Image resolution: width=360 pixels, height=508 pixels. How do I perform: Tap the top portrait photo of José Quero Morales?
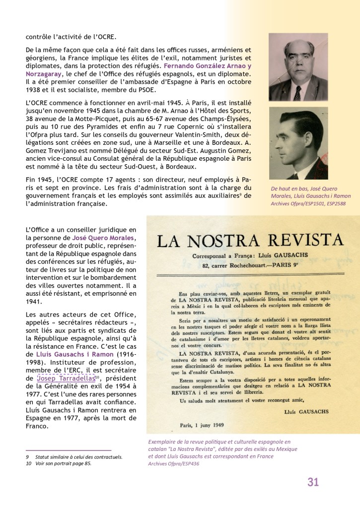point(298,67)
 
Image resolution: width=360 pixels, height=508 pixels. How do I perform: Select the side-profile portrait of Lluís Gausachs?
point(298,144)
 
